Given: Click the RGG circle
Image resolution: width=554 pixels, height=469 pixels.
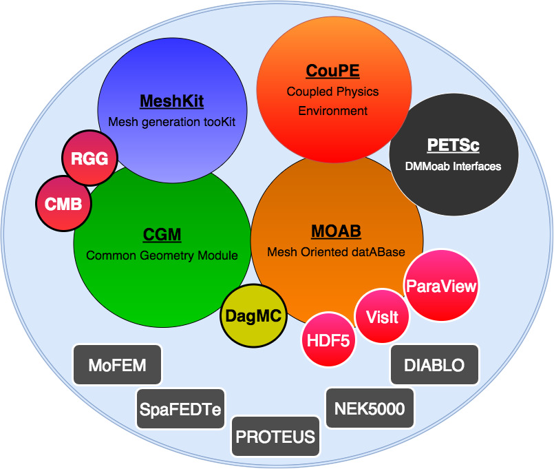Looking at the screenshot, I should tap(90, 158).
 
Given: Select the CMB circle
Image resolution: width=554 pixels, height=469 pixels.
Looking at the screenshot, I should tap(63, 204).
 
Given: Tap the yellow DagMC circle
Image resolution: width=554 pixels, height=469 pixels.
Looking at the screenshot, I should tap(254, 317).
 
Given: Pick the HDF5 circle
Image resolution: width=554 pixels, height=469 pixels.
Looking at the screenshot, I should tap(329, 340).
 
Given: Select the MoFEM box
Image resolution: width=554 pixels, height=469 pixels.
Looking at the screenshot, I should tap(117, 365).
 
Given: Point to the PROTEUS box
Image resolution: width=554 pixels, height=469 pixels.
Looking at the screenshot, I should tap(275, 437).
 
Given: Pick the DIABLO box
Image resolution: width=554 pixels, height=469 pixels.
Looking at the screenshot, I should tap(434, 365).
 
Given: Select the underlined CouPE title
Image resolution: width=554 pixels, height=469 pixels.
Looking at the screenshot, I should tap(332, 71).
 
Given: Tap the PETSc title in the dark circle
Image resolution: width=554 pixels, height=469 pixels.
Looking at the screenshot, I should tap(453, 146).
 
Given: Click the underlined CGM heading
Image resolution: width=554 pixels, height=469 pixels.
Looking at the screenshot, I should tap(162, 235).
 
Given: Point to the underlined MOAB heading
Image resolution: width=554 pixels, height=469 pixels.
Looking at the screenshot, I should tap(337, 231).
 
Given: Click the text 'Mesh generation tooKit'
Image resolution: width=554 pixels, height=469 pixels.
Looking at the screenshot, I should tap(172, 122).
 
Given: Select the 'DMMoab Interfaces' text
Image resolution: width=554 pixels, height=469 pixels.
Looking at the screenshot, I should tap(454, 166).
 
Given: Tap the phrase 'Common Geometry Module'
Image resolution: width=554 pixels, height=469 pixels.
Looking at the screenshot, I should tap(162, 256).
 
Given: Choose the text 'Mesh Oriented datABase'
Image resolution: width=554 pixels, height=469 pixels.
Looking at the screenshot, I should tap(337, 252).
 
